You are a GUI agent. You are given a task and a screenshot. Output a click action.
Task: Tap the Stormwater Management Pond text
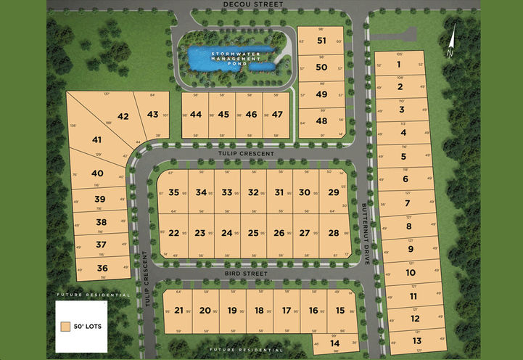coord(230,58)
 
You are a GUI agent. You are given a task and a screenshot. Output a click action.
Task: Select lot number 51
coord(322,41)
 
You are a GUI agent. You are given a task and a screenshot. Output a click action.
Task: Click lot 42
coord(123,116)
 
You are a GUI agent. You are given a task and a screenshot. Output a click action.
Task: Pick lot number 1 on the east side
coord(400,64)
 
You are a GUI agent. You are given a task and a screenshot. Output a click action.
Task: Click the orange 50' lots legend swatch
coord(66,327)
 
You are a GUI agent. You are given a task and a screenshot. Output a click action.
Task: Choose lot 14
coord(334,343)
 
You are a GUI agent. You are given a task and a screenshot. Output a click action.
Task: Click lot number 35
coord(174,192)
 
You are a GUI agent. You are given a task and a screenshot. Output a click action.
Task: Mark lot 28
coord(334,233)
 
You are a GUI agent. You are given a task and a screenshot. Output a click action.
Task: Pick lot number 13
coord(416,340)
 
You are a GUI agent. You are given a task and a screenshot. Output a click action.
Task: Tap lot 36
coord(102,268)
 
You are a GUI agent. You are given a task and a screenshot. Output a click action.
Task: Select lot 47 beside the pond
coord(276,115)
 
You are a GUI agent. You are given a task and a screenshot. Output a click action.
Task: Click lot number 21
coord(178,310)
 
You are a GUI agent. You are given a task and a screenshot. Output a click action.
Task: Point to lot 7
coord(408,203)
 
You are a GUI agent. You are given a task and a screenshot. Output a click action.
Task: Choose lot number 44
coord(195,115)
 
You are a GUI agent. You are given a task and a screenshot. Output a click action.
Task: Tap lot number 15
coord(340,310)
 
